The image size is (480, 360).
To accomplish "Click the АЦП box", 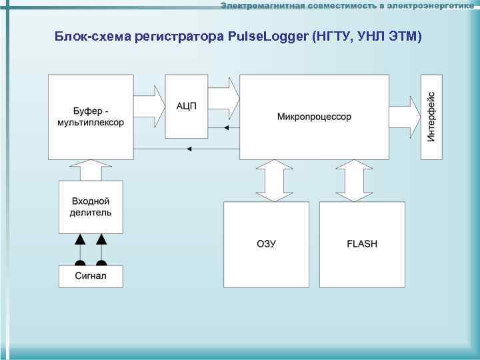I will [186, 107].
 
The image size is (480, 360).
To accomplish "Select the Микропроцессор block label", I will [314, 117].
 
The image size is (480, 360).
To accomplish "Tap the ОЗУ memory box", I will [266, 245].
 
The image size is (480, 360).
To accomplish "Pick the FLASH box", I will [362, 245].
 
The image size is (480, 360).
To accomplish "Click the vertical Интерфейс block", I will [431, 117].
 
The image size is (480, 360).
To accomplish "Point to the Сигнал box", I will [90, 276].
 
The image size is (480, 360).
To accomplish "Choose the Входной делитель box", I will [91, 207].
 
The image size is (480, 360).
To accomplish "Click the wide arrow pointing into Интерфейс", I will [404, 117].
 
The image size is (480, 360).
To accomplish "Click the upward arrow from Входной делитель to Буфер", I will [90, 170].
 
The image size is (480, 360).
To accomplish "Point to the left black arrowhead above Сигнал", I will [80, 239].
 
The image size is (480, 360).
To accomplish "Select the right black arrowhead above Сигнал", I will [101, 239].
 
